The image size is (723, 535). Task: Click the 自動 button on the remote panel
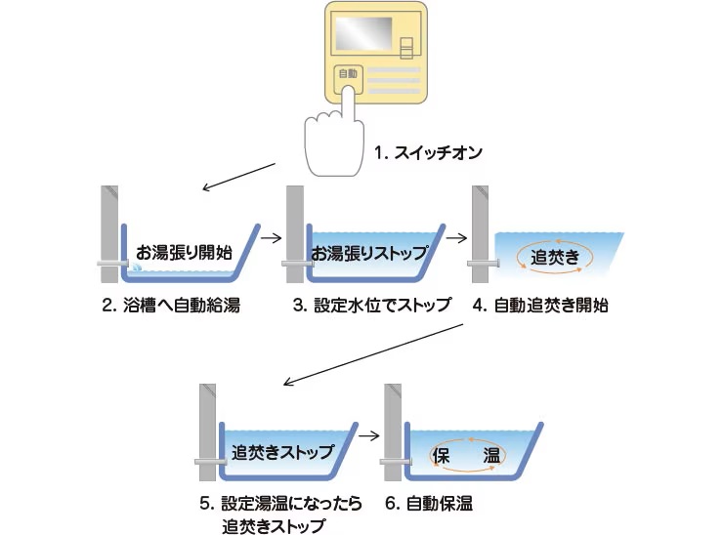pos(348,74)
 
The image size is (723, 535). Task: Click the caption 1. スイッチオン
pos(429,153)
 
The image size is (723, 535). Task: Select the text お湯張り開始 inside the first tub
pos(184,250)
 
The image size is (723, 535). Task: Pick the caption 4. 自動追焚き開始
pos(540,306)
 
